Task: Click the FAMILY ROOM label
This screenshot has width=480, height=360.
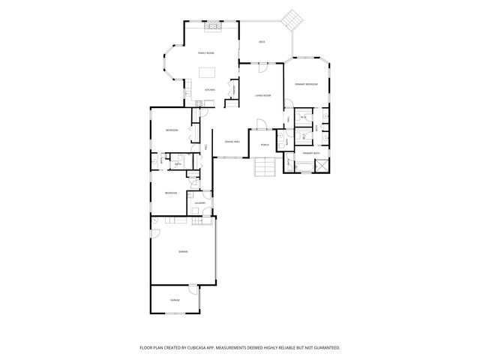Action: pos(205,53)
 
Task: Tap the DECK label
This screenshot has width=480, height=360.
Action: pos(262,42)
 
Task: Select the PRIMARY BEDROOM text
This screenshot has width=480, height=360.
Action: pos(306,84)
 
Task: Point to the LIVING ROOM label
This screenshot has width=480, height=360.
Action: pos(262,96)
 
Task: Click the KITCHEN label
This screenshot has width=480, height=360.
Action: pos(210,90)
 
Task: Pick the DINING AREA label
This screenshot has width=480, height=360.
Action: pos(232,141)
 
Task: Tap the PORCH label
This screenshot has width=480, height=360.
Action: pos(265,144)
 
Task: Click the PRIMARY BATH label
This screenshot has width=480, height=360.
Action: pos(311,153)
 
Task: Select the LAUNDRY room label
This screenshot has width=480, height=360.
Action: pos(199,202)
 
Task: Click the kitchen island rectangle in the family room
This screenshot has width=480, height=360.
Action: pos(207,73)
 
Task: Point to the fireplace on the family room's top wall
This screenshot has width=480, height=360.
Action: pos(213,25)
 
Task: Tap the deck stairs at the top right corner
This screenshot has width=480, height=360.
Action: pos(290,21)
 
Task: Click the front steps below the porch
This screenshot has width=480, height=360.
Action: pos(264,167)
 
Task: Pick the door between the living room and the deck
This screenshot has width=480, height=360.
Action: pos(262,67)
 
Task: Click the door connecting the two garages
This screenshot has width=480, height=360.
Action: pos(193,288)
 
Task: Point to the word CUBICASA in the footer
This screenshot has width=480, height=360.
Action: pos(197,347)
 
